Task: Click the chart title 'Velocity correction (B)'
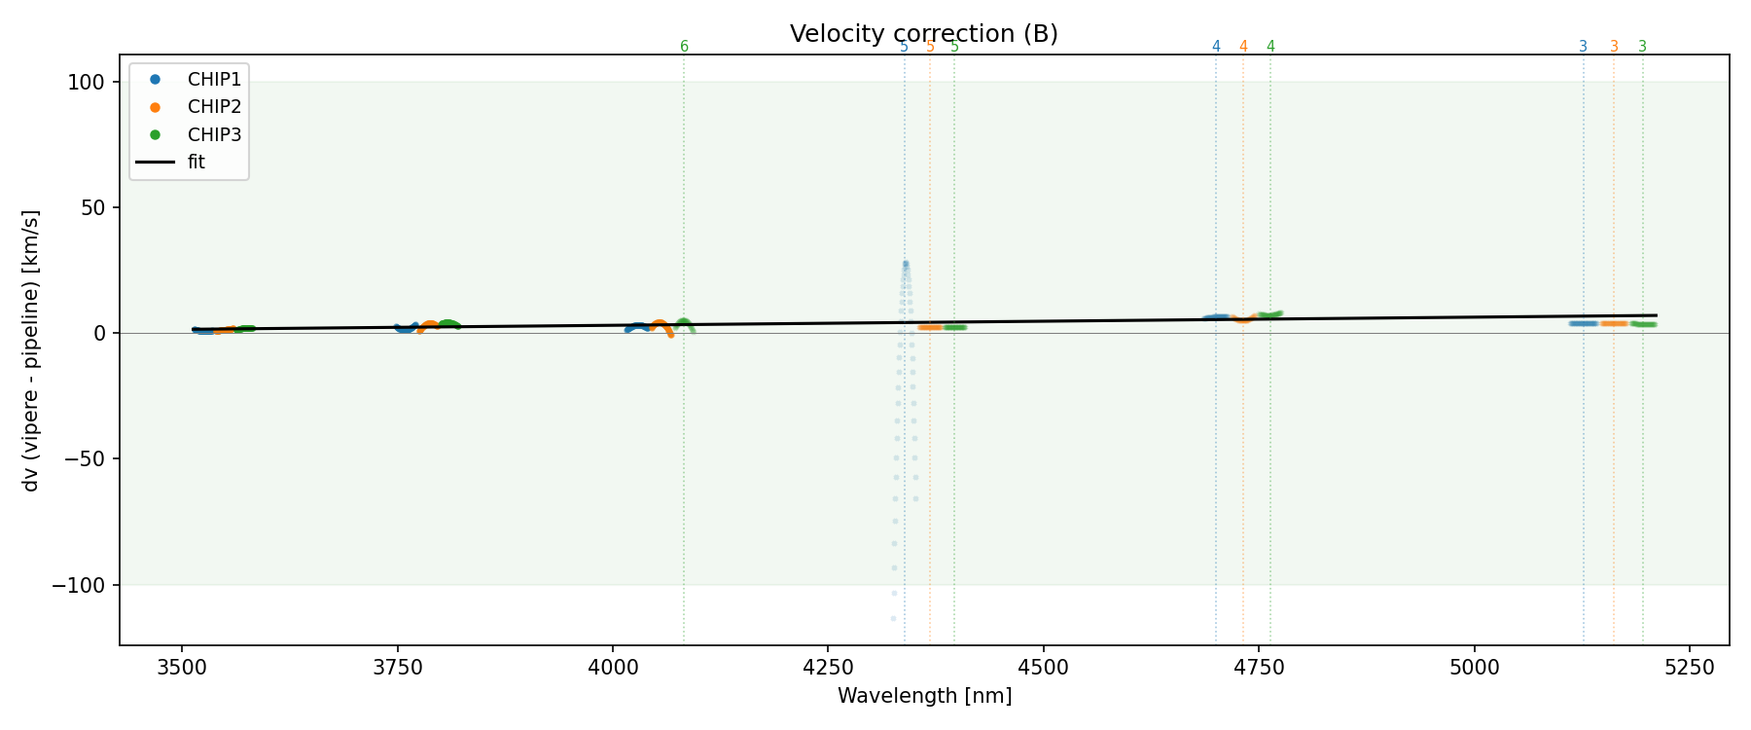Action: click(x=923, y=34)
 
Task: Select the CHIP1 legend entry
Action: click(x=214, y=79)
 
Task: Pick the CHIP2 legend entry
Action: click(x=214, y=107)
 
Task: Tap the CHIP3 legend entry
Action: click(x=214, y=134)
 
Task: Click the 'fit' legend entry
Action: click(x=196, y=163)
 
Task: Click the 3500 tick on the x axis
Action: click(x=182, y=667)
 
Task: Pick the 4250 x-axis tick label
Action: click(x=827, y=667)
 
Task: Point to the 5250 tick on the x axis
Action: click(x=1689, y=667)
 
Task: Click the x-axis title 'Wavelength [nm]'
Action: click(x=924, y=697)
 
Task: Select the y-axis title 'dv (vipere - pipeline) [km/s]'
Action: click(x=31, y=350)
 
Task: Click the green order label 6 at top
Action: click(x=684, y=47)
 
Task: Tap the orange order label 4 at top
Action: click(x=1243, y=47)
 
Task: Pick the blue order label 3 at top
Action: click(x=1583, y=47)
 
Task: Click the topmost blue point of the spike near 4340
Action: click(x=906, y=263)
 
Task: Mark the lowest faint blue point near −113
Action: click(x=893, y=618)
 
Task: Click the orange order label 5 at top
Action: click(x=930, y=47)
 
